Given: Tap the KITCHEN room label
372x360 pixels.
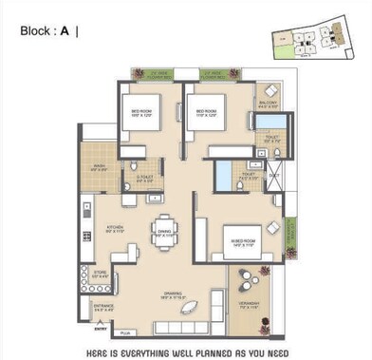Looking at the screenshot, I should (115, 227).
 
